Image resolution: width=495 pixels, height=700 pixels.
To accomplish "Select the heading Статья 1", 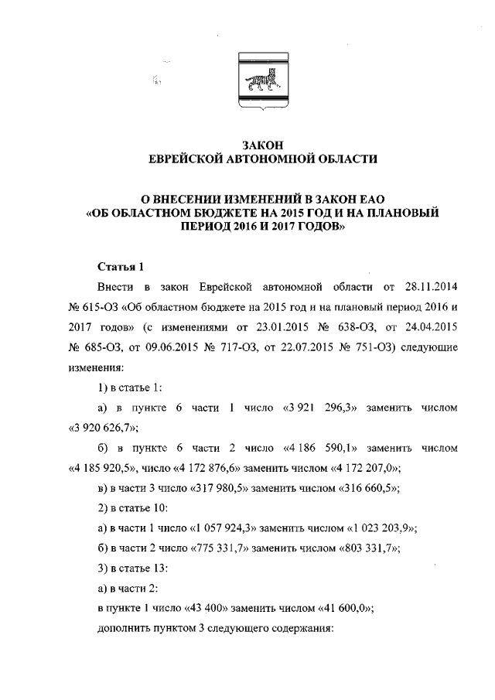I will click(x=121, y=268).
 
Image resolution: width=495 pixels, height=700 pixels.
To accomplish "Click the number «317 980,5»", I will click(x=206, y=487).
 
